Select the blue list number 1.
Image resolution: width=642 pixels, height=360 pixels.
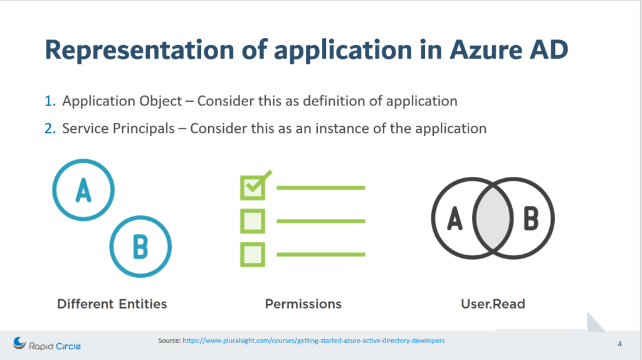[50, 101]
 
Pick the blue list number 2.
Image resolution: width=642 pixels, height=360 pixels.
[50, 129]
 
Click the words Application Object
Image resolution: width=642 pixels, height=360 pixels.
[122, 102]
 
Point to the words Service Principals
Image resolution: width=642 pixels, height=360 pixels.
[118, 129]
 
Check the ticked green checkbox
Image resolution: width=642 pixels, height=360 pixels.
[253, 188]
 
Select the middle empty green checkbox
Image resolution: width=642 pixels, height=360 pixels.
[253, 221]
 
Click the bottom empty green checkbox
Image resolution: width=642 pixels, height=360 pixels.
[253, 255]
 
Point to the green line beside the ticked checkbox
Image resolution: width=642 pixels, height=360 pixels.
[321, 188]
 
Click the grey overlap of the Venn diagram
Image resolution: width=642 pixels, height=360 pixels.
[493, 218]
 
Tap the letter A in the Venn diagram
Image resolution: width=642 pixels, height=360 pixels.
[455, 218]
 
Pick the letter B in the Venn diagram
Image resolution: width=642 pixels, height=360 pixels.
[532, 218]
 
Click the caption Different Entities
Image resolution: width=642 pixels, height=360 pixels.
[112, 304]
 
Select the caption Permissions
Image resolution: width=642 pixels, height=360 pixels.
[303, 304]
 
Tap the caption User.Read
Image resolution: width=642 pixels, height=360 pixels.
[493, 304]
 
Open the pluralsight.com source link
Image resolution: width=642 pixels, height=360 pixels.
[313, 341]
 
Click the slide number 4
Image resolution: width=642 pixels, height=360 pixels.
[619, 344]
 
